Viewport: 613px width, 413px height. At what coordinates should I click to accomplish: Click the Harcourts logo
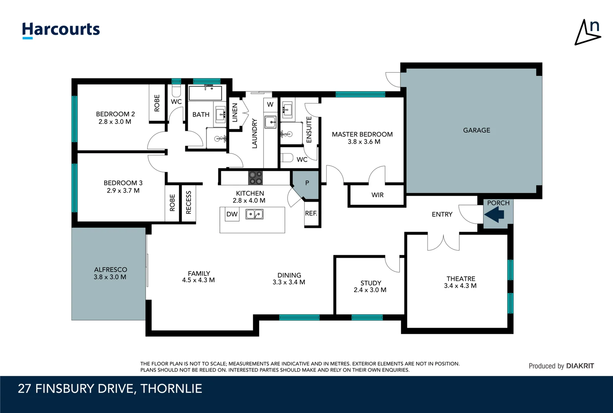[61, 30]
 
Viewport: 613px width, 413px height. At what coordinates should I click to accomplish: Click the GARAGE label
[476, 130]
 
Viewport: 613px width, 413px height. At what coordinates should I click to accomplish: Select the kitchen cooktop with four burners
[255, 178]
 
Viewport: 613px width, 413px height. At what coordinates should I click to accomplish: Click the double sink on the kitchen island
[255, 214]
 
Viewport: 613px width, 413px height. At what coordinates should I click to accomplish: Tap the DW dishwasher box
[232, 214]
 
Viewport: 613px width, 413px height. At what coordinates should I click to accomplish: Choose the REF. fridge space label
[311, 213]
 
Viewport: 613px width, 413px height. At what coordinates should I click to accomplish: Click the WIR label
[377, 195]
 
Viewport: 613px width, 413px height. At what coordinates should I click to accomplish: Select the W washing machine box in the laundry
[270, 104]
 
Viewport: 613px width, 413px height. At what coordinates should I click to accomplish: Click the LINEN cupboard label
[235, 112]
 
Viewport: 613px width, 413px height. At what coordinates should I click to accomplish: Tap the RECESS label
[189, 203]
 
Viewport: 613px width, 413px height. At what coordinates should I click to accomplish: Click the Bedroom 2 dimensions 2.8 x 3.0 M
[115, 122]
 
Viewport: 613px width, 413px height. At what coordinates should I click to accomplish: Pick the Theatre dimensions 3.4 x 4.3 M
[460, 286]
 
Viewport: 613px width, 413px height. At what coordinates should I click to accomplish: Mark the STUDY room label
[371, 283]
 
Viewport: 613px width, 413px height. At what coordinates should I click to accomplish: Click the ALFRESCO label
[111, 270]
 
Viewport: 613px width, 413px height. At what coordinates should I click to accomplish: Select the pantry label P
[307, 183]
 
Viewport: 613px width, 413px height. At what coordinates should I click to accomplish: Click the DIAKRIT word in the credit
[580, 366]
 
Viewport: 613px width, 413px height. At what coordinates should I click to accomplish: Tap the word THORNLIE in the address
[171, 389]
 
